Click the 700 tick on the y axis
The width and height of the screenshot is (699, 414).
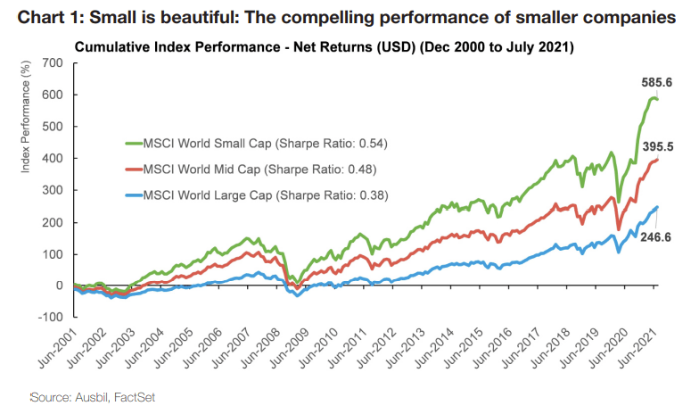(x=54, y=62)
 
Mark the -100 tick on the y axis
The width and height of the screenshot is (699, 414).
(x=52, y=318)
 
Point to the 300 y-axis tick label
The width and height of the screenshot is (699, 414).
(x=54, y=190)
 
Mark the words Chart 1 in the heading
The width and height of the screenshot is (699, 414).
(x=45, y=17)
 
